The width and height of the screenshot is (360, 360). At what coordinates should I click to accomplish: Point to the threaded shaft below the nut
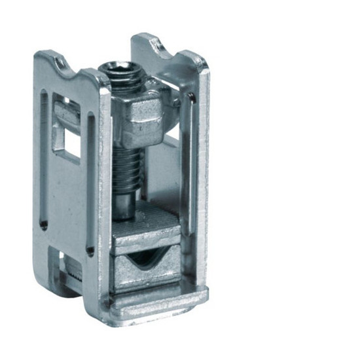click(126, 167)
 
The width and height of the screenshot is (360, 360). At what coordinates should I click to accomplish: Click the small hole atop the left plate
click(60, 63)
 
